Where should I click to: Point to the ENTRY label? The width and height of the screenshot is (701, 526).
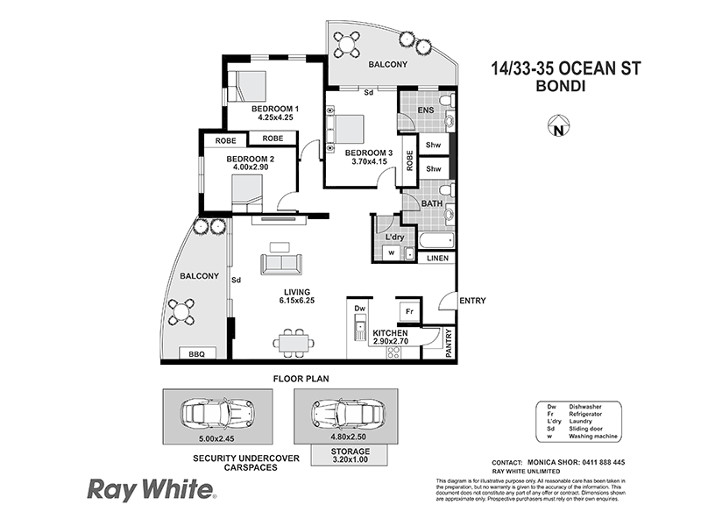[471, 301]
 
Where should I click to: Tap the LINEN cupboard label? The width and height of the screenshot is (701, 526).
[438, 259]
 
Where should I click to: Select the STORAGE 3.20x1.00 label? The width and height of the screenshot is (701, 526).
[337, 456]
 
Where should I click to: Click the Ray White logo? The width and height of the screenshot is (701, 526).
[149, 487]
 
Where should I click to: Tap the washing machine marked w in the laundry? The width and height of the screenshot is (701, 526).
[390, 253]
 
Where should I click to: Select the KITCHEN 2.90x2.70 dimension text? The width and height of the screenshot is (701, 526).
[399, 338]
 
